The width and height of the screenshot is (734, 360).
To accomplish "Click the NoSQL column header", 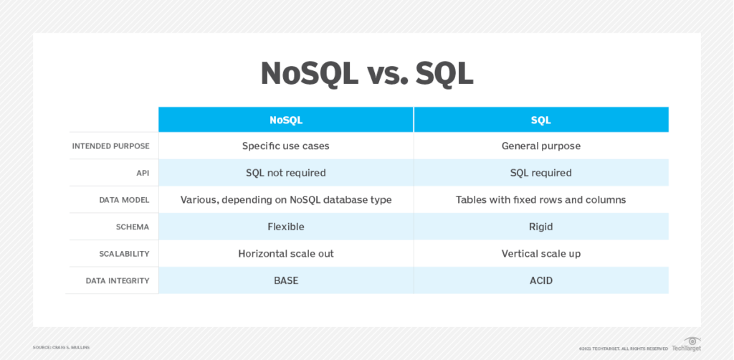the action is click(286, 120).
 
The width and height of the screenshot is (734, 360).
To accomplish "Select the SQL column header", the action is click(541, 120).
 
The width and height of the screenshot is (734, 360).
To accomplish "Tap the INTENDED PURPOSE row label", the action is click(111, 146).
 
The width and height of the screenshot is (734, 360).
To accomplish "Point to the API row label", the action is click(143, 174).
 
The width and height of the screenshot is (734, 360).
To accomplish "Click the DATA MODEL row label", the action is click(125, 200).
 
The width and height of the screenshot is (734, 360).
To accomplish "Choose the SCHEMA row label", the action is click(133, 227).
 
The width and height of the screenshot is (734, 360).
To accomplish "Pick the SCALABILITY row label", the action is click(125, 254).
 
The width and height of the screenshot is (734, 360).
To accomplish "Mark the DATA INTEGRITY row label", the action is click(118, 281).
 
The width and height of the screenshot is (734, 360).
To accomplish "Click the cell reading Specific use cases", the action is click(286, 146).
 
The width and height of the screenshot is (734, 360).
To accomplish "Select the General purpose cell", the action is click(541, 146).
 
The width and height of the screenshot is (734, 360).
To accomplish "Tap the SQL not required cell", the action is click(286, 173).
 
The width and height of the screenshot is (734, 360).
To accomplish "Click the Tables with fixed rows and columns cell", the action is click(541, 200).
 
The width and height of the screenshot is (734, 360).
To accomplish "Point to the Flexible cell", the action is click(286, 227).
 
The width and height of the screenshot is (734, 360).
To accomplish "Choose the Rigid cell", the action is click(541, 227).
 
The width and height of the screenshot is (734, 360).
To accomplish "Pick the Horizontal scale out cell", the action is click(286, 254).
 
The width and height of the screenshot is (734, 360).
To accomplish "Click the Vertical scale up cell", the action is click(541, 254).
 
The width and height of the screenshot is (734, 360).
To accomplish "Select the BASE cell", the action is click(286, 280).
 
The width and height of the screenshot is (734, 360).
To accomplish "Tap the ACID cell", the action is click(541, 280).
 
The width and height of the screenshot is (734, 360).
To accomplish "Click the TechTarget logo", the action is click(687, 344).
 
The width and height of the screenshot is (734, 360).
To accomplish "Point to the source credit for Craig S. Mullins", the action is click(62, 347).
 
